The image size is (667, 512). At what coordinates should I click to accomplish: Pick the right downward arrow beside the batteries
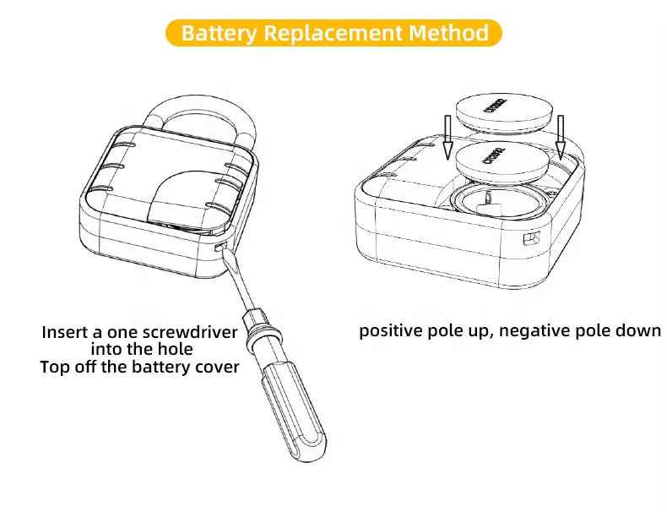[561, 135]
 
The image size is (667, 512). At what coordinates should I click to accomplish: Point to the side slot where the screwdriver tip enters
[222, 247]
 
